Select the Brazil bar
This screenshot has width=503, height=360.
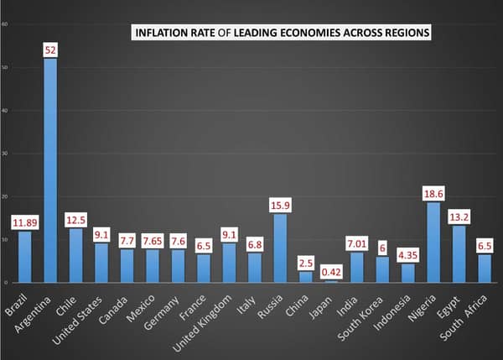25,257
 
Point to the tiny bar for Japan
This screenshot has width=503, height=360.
333,281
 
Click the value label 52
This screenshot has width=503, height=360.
50,50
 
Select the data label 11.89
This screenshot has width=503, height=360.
25,222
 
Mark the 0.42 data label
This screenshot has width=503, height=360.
333,271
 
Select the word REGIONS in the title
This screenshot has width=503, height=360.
403,33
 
